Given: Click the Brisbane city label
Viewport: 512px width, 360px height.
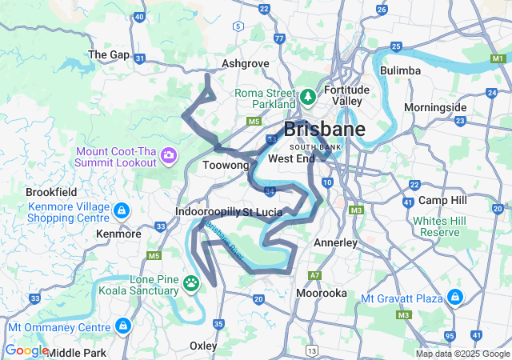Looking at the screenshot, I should coord(324,130).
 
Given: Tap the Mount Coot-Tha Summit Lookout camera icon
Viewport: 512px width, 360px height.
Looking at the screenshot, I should coord(169,154).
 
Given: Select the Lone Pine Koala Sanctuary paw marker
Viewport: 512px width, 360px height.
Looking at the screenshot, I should coord(192,282).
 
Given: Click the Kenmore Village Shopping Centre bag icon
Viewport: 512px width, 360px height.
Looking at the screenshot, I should coord(121,211).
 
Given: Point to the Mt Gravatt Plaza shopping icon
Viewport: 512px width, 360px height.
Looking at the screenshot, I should coord(455,298).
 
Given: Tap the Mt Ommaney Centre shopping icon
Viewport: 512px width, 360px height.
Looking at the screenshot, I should coord(122,326).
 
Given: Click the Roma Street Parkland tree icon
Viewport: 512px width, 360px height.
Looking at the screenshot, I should coord(307,98).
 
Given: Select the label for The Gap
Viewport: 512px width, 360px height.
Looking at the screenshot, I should coord(108,54).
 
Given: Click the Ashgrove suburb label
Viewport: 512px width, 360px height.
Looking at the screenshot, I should coord(245,63).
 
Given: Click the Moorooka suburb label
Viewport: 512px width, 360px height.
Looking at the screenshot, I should coord(322,294).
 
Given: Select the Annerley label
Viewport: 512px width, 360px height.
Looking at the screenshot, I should coord(335,242).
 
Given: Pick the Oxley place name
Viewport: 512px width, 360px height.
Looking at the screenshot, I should coord(203,346).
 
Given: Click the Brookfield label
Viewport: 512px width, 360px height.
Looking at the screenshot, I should coord(51,193).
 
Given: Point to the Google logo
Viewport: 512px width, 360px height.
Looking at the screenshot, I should coord(26,350).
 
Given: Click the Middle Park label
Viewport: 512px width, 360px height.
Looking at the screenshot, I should coord(77,352).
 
